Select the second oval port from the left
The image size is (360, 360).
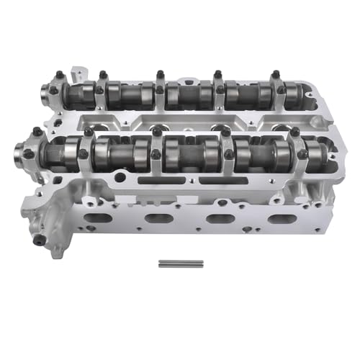156,218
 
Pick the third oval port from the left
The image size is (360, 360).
214,218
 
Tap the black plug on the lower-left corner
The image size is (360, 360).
40,240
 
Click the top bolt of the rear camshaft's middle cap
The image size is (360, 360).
159,74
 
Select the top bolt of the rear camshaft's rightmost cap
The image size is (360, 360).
274,74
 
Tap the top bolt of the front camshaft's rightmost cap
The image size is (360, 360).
294,132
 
